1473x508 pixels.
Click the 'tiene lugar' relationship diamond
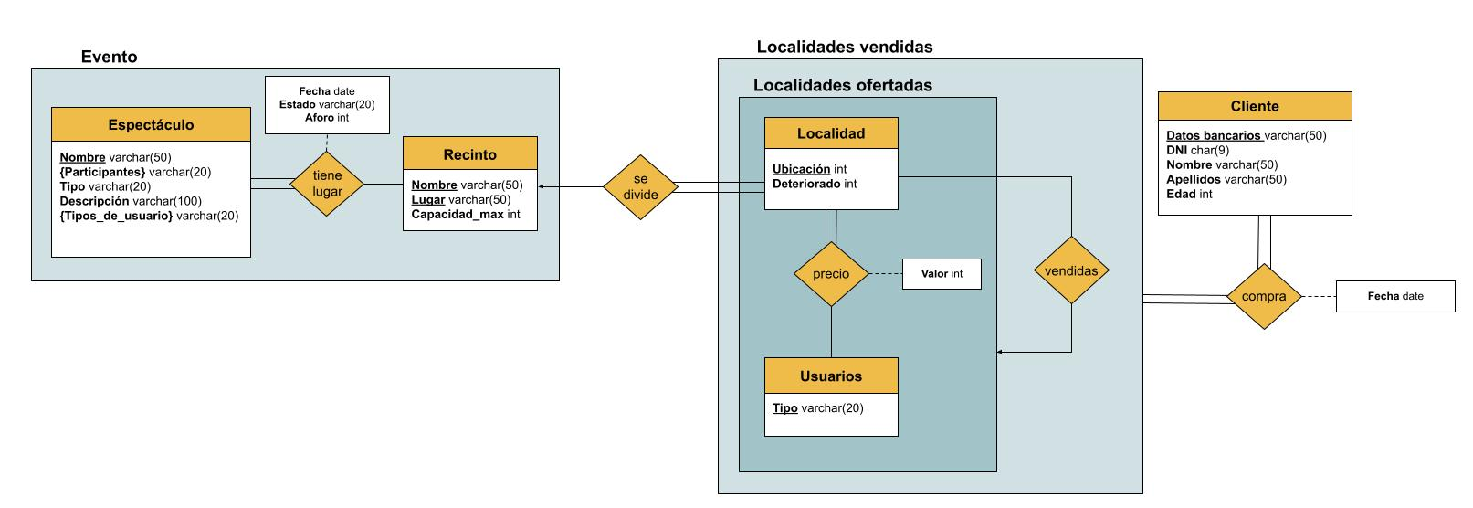pyautogui.click(x=327, y=184)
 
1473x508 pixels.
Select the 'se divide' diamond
pyautogui.click(x=640, y=187)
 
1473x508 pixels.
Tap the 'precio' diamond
pyautogui.click(x=830, y=274)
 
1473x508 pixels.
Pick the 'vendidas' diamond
pyautogui.click(x=1071, y=270)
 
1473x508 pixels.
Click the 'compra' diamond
pyautogui.click(x=1264, y=297)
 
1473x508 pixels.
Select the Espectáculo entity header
pyautogui.click(x=151, y=125)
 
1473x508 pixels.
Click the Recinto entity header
pyautogui.click(x=469, y=154)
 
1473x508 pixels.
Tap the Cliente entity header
pyautogui.click(x=1254, y=106)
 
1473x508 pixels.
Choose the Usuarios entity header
pyautogui.click(x=830, y=376)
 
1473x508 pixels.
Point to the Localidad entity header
pyautogui.click(x=830, y=133)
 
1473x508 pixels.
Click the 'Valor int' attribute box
pyautogui.click(x=941, y=274)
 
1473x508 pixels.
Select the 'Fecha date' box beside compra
pyautogui.click(x=1394, y=297)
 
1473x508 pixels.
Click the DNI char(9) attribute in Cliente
pyautogui.click(x=1197, y=150)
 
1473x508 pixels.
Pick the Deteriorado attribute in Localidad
pyautogui.click(x=815, y=184)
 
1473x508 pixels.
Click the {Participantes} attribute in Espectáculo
pyautogui.click(x=135, y=172)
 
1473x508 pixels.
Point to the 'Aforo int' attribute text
pyautogui.click(x=327, y=118)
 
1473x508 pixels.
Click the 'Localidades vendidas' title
pyautogui.click(x=845, y=47)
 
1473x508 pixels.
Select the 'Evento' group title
pyautogui.click(x=109, y=57)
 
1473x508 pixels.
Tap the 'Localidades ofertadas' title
pyautogui.click(x=842, y=86)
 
